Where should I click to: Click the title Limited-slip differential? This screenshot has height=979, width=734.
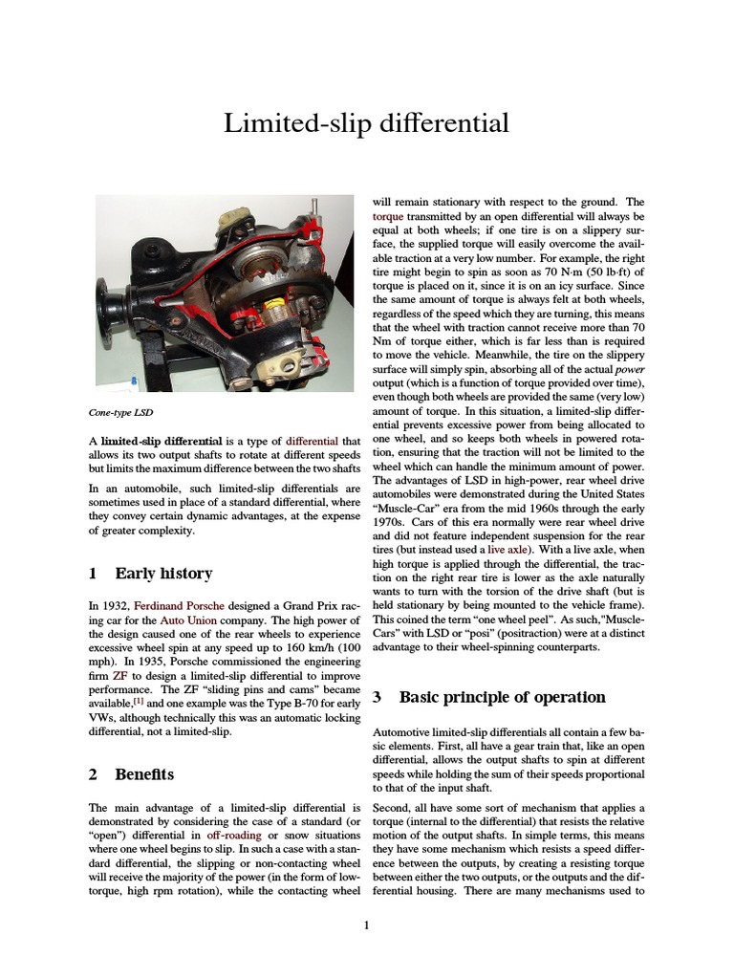366,123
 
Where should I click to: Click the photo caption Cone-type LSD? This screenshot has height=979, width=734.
120,413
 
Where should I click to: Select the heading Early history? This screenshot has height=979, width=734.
163,574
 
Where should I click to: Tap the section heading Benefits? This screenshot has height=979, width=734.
143,773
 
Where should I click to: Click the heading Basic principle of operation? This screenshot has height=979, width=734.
502,697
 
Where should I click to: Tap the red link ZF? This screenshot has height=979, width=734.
119,673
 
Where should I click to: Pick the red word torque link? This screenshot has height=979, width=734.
387,217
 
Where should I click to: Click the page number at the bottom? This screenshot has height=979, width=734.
366,925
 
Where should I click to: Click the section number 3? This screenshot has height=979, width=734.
378,697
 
